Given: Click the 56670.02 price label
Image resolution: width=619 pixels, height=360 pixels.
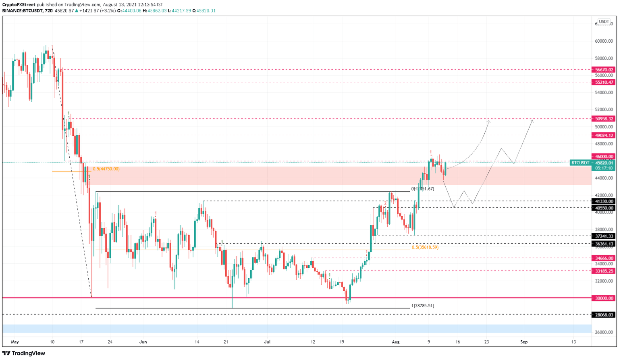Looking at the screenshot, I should (x=604, y=70).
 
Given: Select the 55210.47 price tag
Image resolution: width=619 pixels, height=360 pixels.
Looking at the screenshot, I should (x=604, y=82).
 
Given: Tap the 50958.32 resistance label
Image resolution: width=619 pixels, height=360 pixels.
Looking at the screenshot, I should (x=604, y=119).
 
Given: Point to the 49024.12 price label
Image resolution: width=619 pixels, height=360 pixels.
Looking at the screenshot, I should (x=604, y=136).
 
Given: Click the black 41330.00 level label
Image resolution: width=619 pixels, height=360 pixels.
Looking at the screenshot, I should (x=604, y=201).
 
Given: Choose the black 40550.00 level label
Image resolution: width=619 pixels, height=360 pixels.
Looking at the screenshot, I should (x=604, y=208).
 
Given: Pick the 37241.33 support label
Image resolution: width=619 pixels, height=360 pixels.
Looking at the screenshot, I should (x=604, y=236).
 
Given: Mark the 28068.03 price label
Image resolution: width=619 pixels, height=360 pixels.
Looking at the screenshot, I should (x=604, y=315).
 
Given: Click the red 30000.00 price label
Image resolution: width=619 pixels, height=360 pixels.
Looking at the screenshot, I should (x=604, y=298).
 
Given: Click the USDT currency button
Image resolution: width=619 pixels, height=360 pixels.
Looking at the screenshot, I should (x=604, y=22).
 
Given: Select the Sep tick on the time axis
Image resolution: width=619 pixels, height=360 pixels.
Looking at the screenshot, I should (x=523, y=342).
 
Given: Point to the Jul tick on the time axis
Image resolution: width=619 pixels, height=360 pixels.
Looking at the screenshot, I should (x=267, y=342).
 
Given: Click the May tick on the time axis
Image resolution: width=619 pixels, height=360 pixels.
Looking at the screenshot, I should (x=15, y=342).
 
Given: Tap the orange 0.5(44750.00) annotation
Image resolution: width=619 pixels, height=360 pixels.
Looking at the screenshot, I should (x=106, y=169).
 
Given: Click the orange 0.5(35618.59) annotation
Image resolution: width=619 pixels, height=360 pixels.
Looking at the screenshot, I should (x=425, y=247).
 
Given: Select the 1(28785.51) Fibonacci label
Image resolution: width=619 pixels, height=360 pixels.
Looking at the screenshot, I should (x=422, y=306).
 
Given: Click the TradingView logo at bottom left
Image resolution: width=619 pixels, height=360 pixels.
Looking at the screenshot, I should (x=24, y=354).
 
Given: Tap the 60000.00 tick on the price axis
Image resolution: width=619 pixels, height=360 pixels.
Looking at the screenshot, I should (x=604, y=41).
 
